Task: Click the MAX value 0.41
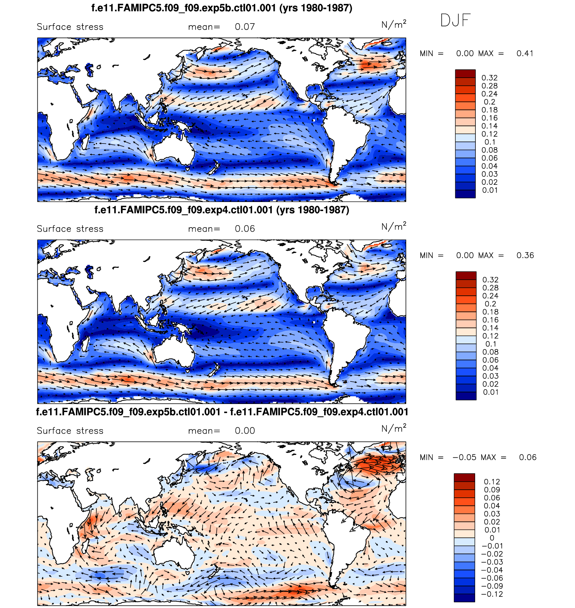coord(525,53)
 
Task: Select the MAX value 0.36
coord(525,255)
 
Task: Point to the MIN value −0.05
coord(464,457)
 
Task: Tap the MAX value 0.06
coord(528,457)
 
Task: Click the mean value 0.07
coord(245,27)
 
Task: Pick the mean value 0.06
coord(245,229)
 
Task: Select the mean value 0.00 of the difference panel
coord(245,431)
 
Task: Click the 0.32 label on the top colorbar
coord(489,78)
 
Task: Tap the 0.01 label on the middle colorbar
coord(491,392)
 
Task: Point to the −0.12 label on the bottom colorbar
coord(492,594)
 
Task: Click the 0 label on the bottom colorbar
coord(492,538)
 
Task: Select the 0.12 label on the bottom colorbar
coord(492,482)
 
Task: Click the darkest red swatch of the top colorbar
coord(465,74)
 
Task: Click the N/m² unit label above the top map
coord(393,25)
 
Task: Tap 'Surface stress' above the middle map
coord(70,229)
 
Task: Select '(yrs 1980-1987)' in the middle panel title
coord(312,210)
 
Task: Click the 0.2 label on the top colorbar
coord(489,102)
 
